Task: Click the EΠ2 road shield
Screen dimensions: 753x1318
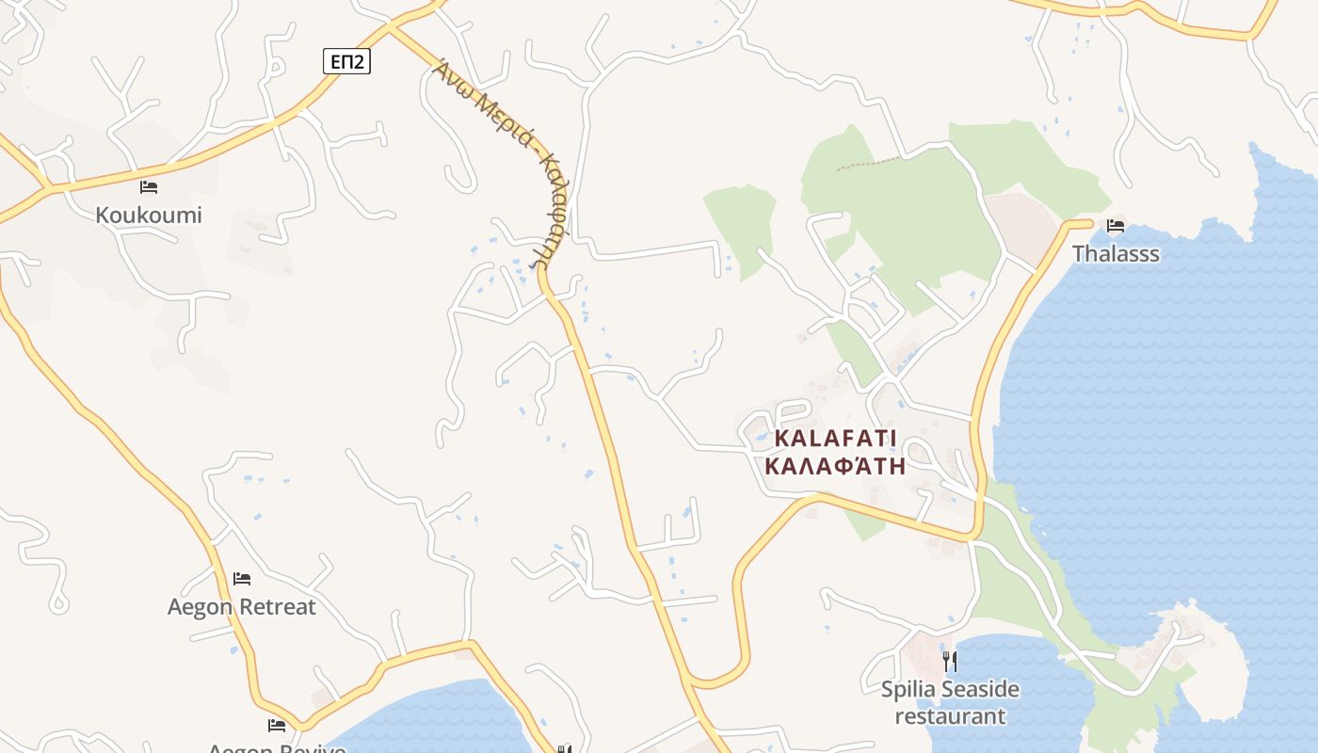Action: click(x=346, y=62)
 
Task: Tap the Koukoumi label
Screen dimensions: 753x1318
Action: click(x=149, y=215)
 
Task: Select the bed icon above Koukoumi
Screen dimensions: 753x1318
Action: click(x=149, y=187)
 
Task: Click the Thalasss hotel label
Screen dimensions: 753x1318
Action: click(x=1116, y=254)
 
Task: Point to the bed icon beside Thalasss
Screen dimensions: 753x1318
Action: click(x=1116, y=226)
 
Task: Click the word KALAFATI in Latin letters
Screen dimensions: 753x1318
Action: click(x=836, y=439)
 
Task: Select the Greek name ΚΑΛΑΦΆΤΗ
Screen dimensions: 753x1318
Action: click(x=836, y=465)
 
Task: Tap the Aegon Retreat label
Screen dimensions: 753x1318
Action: click(x=242, y=606)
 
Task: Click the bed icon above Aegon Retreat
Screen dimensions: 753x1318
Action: click(x=242, y=579)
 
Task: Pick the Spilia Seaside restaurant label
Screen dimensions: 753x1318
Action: click(x=950, y=702)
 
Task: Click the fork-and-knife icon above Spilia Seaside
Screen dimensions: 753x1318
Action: click(x=950, y=661)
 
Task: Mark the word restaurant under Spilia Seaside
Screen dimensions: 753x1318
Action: click(x=950, y=716)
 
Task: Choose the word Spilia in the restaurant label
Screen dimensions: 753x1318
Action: click(x=906, y=690)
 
